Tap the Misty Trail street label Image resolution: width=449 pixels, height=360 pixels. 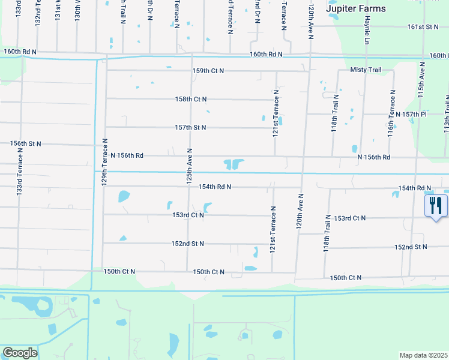[366, 70]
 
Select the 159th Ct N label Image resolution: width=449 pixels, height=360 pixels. [208, 71]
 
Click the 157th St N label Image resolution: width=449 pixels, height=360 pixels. [190, 128]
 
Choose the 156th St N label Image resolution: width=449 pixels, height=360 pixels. [26, 144]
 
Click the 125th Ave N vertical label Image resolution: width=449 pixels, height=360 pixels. [189, 166]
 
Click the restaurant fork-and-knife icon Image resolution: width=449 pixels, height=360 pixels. [436, 205]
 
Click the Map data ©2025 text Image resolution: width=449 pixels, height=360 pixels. [424, 355]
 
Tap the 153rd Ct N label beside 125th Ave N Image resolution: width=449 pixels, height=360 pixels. [188, 215]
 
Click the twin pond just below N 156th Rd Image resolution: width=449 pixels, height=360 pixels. [234, 164]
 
